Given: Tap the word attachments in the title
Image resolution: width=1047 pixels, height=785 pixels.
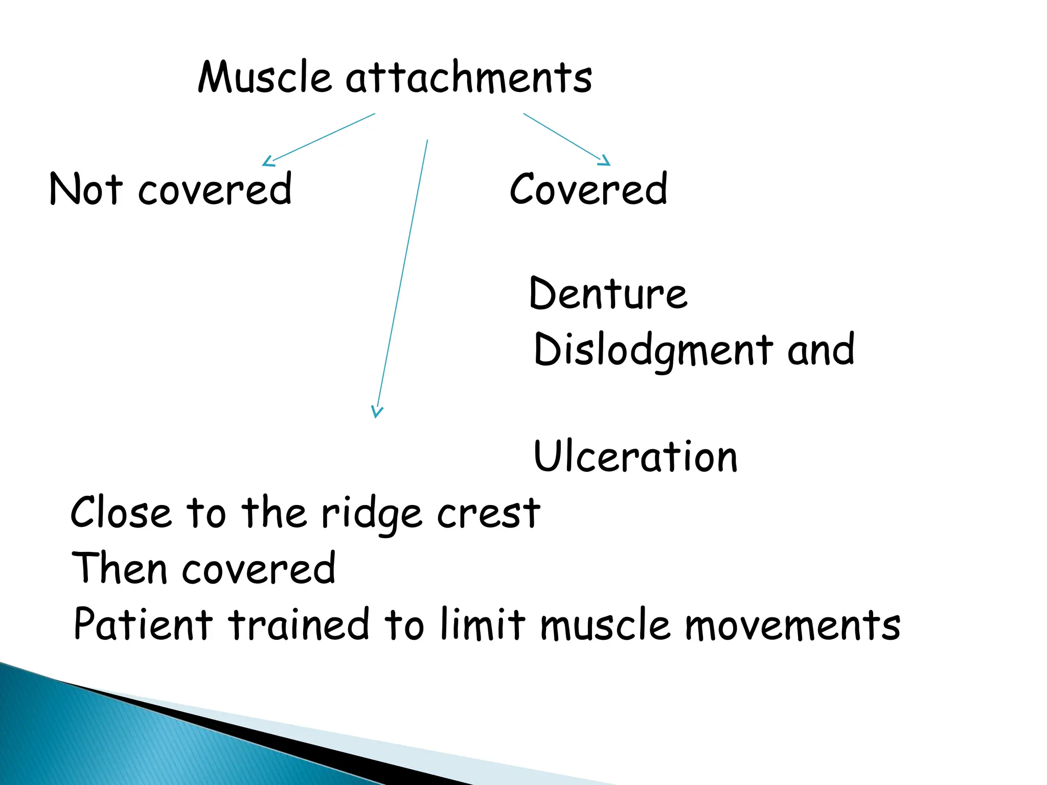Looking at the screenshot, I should point(469,78).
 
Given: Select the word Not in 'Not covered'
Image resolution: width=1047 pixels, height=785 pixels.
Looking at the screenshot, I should point(86,189).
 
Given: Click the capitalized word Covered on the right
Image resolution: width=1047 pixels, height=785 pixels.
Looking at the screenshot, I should point(588,189).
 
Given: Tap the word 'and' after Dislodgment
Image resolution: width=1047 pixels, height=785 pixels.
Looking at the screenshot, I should point(821,351).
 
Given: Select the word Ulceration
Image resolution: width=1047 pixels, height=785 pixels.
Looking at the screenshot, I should point(635,456).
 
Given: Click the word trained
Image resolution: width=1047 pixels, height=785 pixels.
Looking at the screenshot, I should point(299,625).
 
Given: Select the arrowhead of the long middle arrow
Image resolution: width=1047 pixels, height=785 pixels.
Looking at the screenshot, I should point(377,412).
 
